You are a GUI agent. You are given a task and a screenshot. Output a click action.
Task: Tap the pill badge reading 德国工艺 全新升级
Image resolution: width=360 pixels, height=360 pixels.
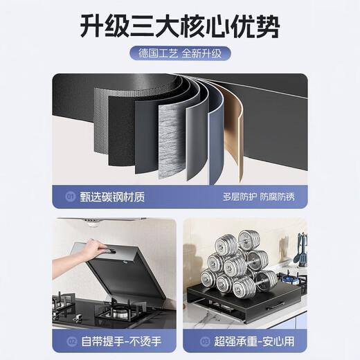pos(180,53)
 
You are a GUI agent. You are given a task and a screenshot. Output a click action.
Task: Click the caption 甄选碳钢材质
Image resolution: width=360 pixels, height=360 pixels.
pos(105,196)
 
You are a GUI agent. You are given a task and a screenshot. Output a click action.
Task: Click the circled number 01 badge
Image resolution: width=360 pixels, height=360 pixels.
pos(71,196)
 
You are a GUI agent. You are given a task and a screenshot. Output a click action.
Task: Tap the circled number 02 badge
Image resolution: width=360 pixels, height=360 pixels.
pos(71,341)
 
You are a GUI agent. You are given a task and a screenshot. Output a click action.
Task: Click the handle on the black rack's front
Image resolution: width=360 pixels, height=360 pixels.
pos(277,305)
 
